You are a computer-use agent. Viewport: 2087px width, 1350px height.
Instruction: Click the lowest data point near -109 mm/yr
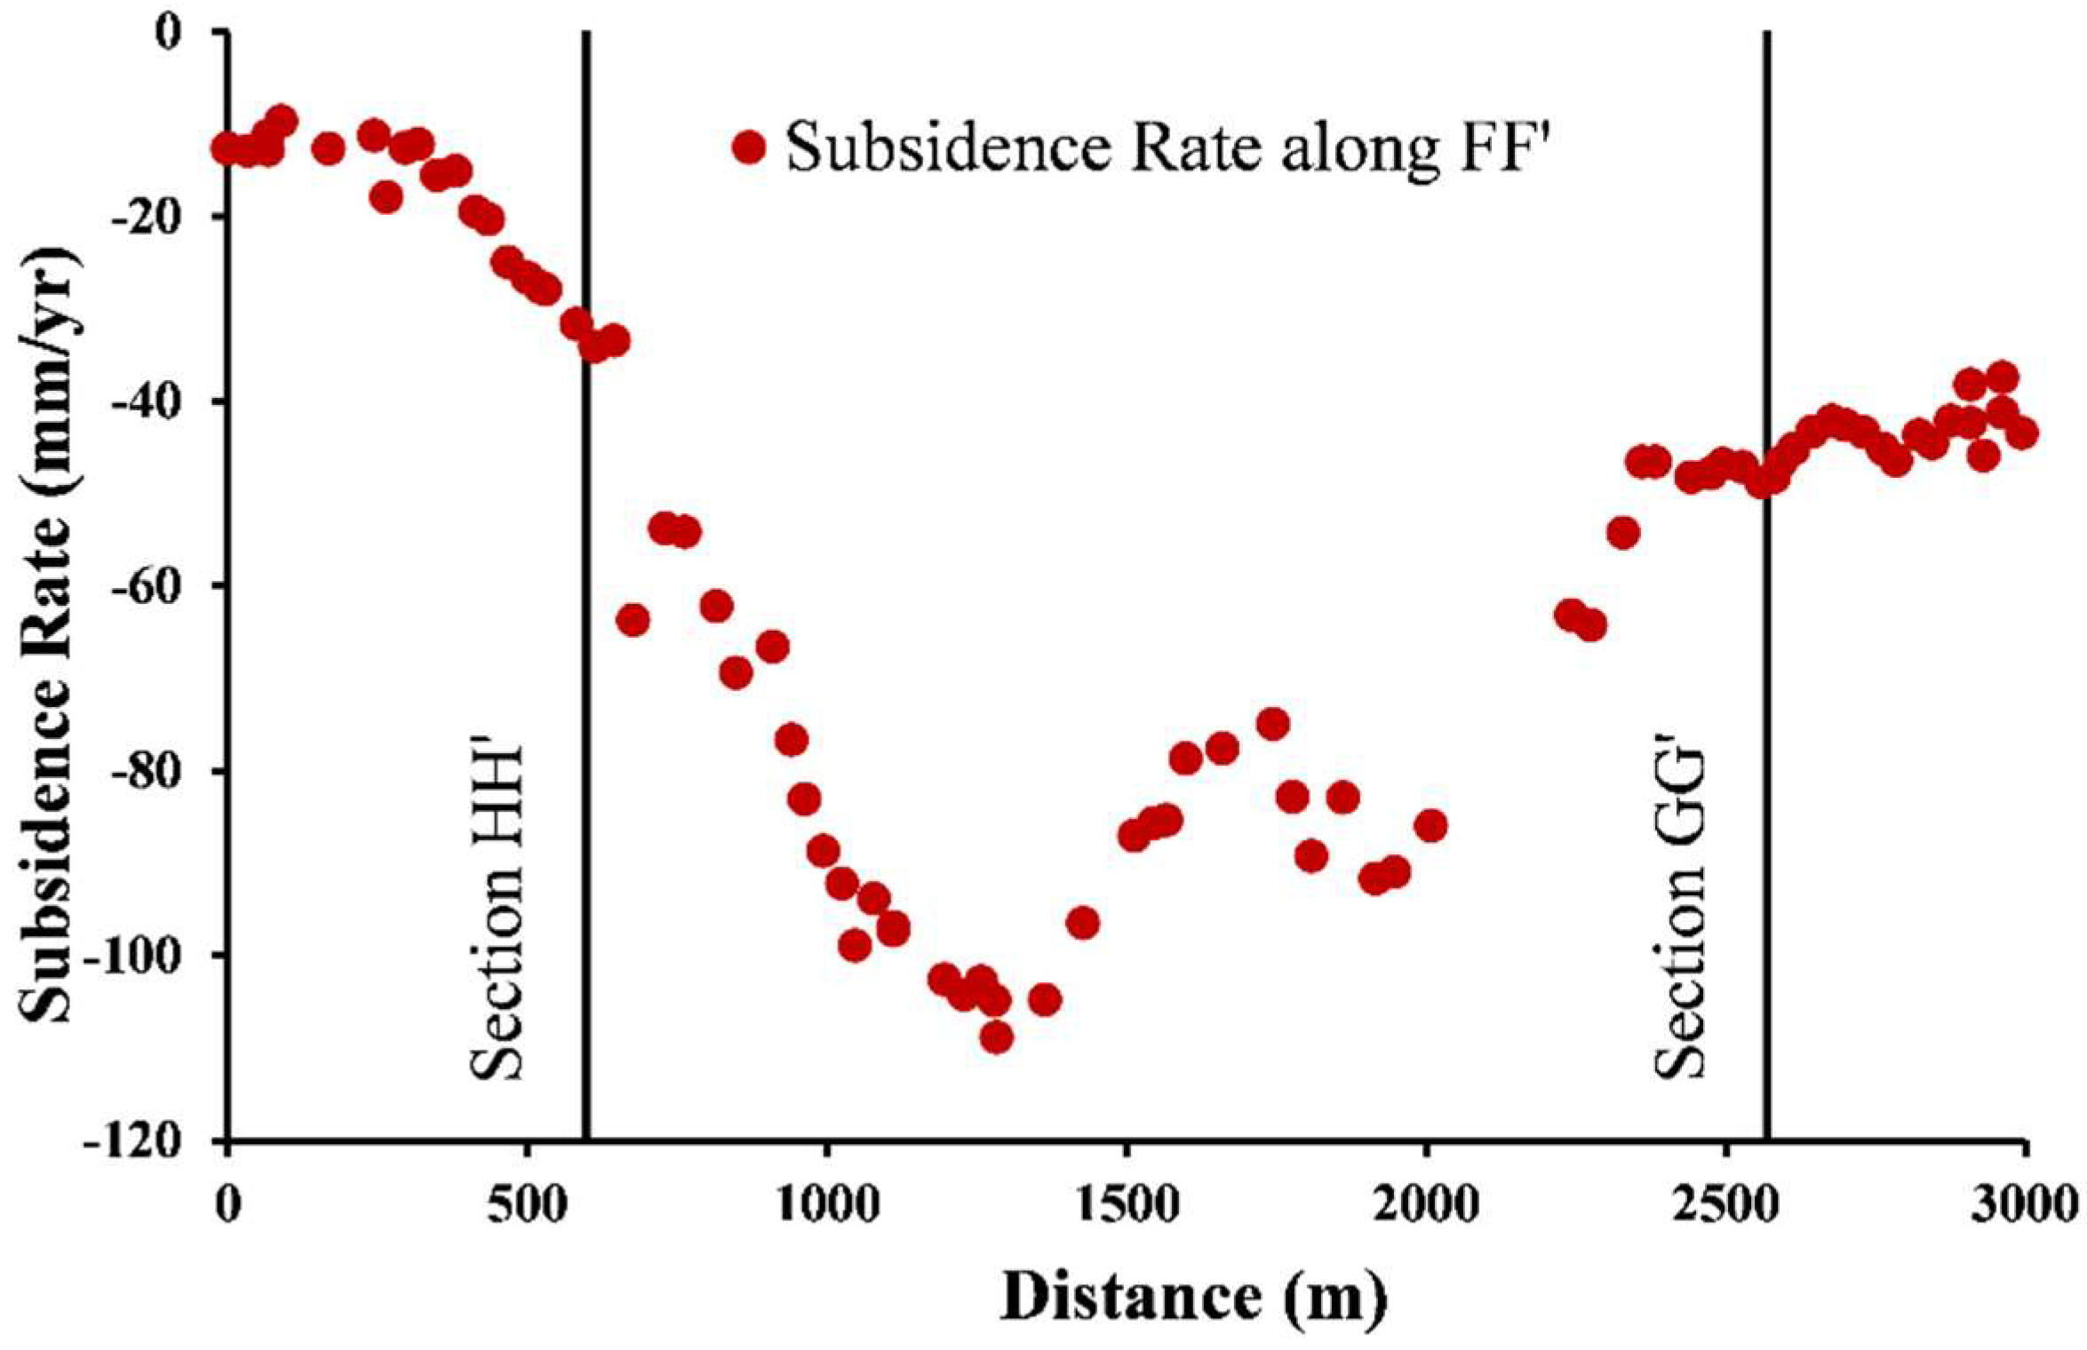pyautogui.click(x=996, y=1036)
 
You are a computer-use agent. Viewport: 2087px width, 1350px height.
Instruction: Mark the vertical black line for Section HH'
pyautogui.click(x=586, y=711)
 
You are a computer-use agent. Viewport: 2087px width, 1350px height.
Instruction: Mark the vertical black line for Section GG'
pyautogui.click(x=1766, y=711)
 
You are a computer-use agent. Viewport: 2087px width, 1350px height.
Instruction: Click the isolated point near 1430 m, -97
pyautogui.click(x=1083, y=924)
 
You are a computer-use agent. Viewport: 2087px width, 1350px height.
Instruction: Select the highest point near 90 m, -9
pyautogui.click(x=282, y=118)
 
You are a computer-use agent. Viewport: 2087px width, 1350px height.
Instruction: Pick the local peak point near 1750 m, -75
pyautogui.click(x=1273, y=724)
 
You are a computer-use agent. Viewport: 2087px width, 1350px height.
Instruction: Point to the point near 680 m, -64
pyautogui.click(x=633, y=619)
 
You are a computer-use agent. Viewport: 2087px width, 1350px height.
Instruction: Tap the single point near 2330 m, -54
pyautogui.click(x=1623, y=533)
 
